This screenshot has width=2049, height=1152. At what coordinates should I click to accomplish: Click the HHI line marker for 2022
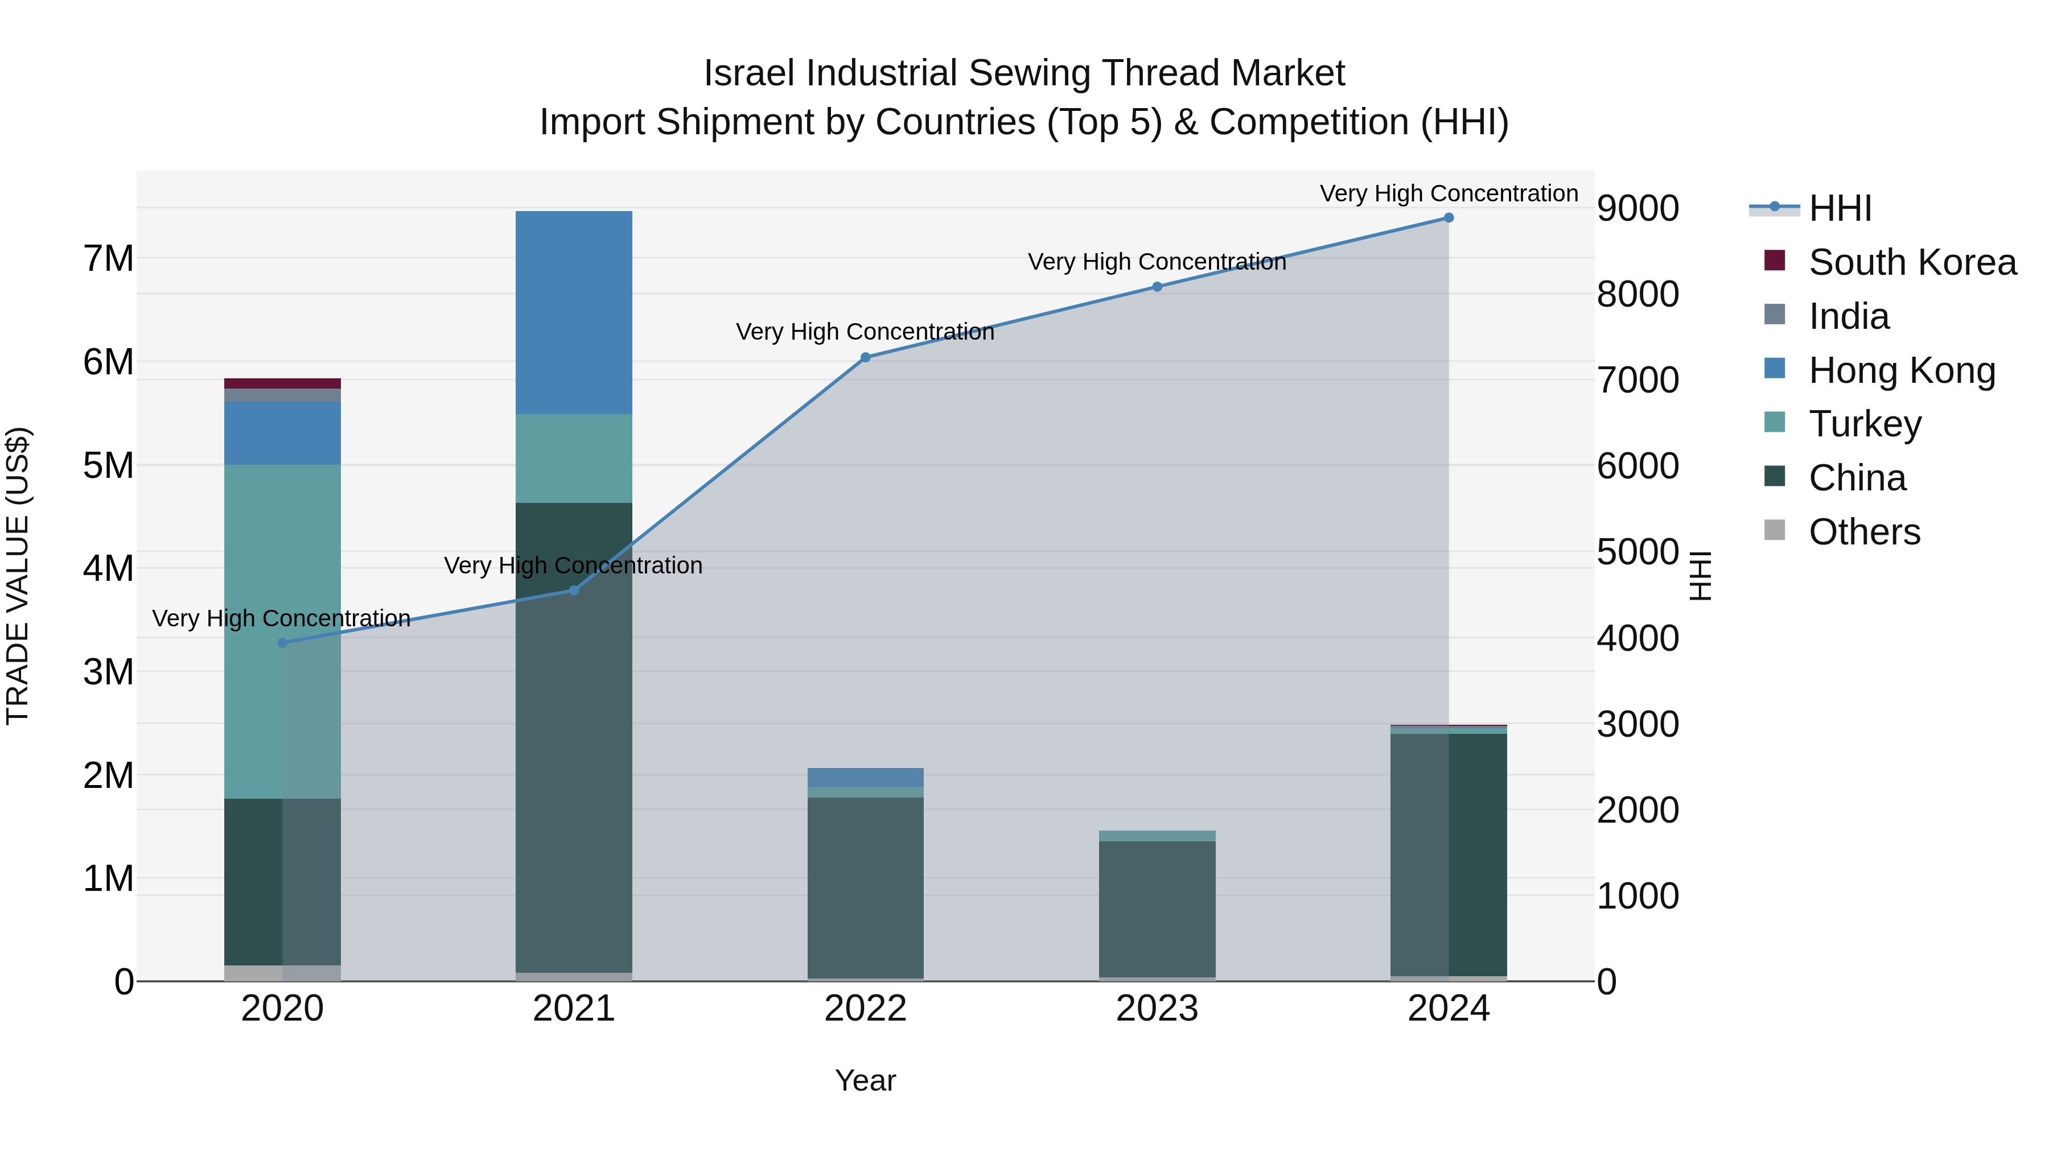[865, 358]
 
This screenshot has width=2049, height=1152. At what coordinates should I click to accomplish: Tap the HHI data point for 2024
[1449, 218]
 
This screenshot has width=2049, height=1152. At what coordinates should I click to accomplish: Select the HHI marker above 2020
[282, 642]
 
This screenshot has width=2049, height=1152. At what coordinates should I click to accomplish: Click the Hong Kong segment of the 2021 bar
[574, 312]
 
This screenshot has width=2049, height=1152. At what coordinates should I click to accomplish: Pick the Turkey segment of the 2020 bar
[282, 631]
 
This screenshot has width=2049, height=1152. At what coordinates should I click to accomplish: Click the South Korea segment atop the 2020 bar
[282, 383]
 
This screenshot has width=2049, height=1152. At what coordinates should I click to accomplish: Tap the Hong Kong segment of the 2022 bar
[865, 777]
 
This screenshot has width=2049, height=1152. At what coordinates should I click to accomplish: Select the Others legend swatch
[1775, 530]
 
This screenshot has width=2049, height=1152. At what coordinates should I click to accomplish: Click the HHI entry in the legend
[1839, 208]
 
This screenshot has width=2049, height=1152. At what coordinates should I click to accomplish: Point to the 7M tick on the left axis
[108, 258]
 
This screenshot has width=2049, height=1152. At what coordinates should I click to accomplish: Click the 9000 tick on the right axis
[1637, 208]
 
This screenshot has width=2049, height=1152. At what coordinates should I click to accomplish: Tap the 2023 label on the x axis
[1157, 1009]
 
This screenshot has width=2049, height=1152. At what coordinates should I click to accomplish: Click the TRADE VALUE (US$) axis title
[18, 576]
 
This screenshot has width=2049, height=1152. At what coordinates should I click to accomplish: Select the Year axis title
[865, 1080]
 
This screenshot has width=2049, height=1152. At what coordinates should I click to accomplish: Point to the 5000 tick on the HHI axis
[1637, 552]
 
